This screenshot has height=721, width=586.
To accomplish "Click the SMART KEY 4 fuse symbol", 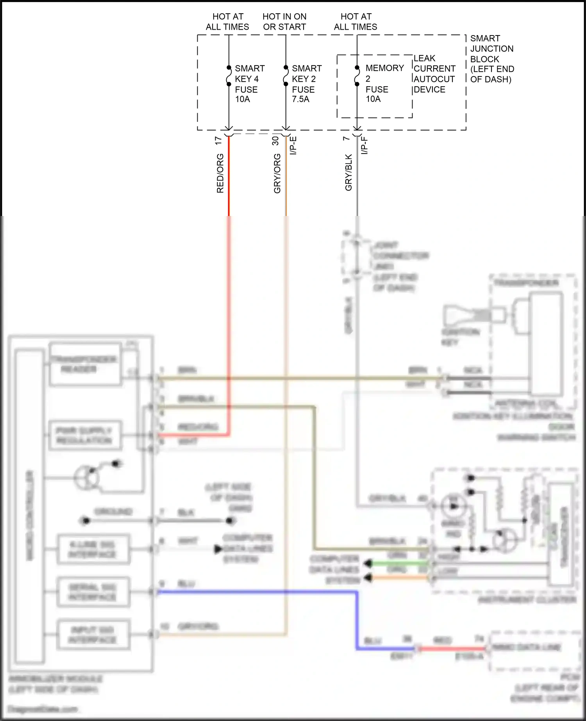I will click(x=229, y=76).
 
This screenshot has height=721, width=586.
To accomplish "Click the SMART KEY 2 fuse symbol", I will click(x=286, y=76).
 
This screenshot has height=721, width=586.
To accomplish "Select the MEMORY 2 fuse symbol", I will click(x=357, y=76).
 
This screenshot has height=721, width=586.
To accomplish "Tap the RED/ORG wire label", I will click(x=220, y=173).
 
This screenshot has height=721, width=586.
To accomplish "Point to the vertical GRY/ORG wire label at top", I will click(x=277, y=173).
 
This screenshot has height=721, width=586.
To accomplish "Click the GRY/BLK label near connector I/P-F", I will click(x=348, y=172).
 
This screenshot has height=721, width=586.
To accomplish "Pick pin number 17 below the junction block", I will click(x=218, y=141).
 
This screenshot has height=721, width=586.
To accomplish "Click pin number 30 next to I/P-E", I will click(x=275, y=141).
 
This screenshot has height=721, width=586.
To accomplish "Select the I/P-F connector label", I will click(x=364, y=145).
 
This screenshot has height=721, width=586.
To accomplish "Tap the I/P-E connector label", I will click(x=293, y=145).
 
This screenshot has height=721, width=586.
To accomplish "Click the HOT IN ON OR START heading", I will click(x=284, y=21).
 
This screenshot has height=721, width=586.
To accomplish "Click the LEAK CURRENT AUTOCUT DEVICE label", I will click(x=434, y=74).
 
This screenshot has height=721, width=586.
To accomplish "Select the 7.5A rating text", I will click(x=300, y=99).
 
